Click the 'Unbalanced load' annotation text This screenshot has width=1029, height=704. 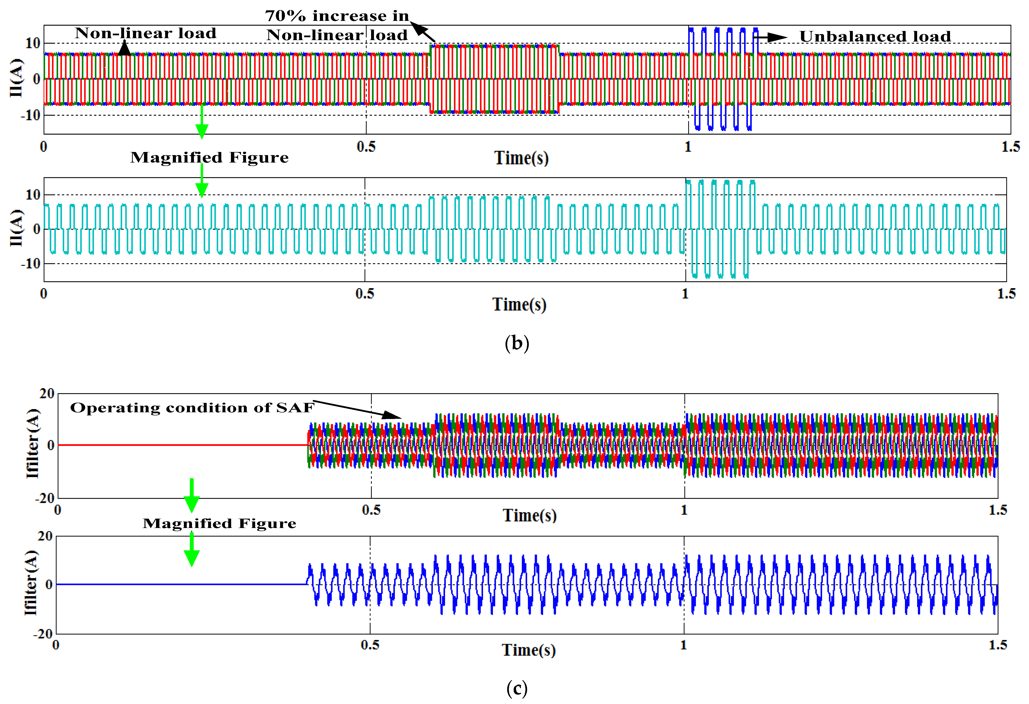[x=875, y=36]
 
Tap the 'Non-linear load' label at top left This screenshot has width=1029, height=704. [x=146, y=33]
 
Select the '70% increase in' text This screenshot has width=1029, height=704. [x=337, y=16]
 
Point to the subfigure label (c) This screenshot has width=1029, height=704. [x=517, y=688]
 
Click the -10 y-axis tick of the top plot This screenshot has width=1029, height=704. [x=30, y=115]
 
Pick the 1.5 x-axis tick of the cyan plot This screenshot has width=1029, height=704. [x=1006, y=294]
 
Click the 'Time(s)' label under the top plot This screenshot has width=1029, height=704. [x=521, y=158]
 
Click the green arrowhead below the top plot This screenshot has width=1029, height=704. [x=202, y=131]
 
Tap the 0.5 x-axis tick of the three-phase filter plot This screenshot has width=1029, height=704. [x=371, y=510]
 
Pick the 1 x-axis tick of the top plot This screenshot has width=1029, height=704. [x=688, y=147]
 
